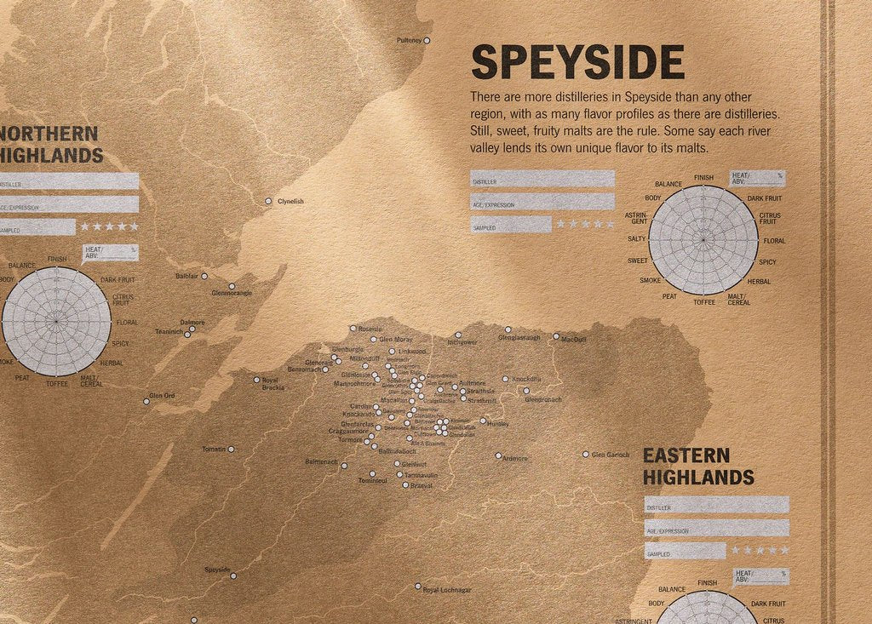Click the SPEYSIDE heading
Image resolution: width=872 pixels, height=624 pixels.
click(x=577, y=62)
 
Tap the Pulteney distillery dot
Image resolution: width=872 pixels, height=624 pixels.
click(x=427, y=40)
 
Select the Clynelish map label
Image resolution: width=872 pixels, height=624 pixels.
click(x=290, y=202)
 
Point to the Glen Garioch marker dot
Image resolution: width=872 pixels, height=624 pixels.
click(x=585, y=455)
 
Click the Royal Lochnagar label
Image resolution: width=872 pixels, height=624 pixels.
click(x=447, y=589)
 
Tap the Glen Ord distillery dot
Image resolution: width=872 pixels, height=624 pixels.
click(x=146, y=401)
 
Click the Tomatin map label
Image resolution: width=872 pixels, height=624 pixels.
click(x=214, y=449)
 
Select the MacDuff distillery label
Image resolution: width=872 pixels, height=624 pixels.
click(x=574, y=340)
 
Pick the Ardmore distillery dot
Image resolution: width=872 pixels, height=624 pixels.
click(x=498, y=455)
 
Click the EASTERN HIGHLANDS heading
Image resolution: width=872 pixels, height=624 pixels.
click(x=698, y=467)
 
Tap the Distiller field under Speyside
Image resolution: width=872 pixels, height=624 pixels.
click(x=542, y=179)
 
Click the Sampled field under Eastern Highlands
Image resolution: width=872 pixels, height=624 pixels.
click(x=685, y=552)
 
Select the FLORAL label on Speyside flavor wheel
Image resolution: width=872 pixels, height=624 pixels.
click(x=774, y=241)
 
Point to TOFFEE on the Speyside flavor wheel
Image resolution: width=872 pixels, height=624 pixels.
click(x=704, y=302)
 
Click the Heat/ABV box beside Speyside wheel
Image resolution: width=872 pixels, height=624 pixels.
click(x=758, y=178)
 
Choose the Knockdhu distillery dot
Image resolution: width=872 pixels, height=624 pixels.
click(x=505, y=379)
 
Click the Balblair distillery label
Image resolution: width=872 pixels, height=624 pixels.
click(x=186, y=276)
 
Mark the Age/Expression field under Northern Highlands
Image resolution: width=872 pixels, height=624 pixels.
click(x=69, y=204)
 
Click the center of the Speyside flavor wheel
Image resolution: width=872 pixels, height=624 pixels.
click(x=703, y=240)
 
